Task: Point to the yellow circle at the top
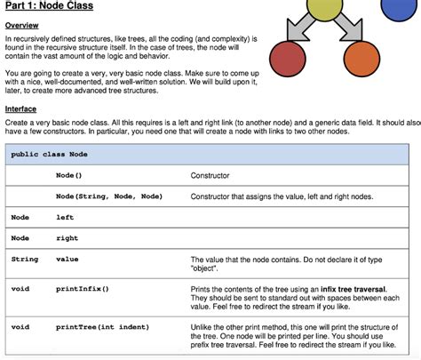(330, 11)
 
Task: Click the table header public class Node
(49, 154)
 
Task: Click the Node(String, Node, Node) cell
(108, 196)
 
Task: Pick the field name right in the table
(67, 237)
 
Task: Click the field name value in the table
(67, 259)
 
